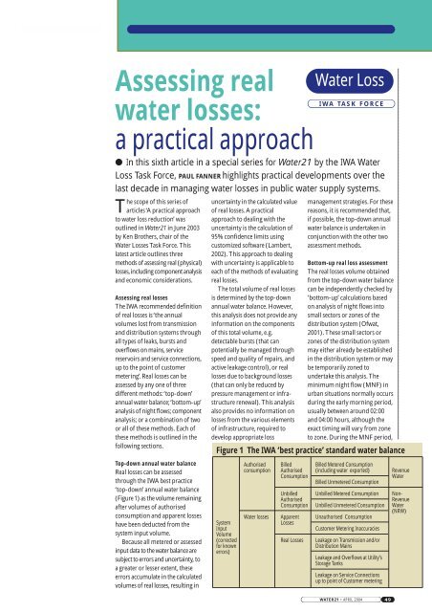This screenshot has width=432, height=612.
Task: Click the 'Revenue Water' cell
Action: click(403, 468)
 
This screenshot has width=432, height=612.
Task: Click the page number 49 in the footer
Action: click(414, 601)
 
